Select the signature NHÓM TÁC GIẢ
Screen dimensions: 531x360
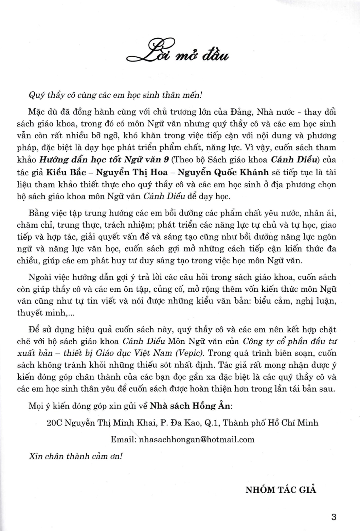point(280,490)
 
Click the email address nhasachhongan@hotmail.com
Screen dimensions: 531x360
point(197,439)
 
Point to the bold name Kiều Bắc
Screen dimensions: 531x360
point(63,172)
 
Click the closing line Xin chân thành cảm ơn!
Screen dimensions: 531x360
point(75,456)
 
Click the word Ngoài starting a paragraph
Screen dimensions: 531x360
point(40,277)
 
